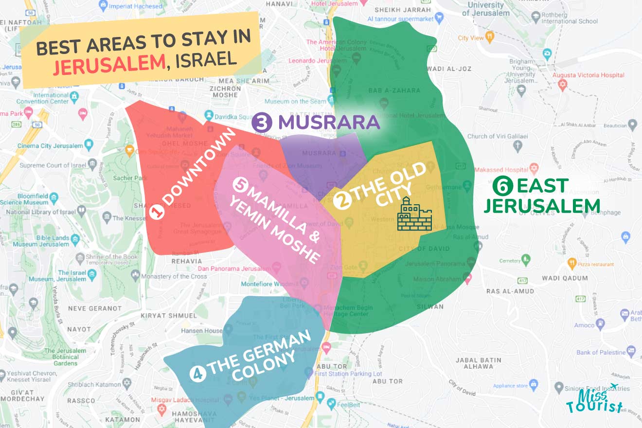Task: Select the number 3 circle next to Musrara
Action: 262,123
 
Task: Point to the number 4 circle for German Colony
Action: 198,374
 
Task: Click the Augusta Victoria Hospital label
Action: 591,75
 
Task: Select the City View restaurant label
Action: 470,38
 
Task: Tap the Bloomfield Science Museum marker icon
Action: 53,198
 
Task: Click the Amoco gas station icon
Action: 601,322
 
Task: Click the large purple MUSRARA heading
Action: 329,123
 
